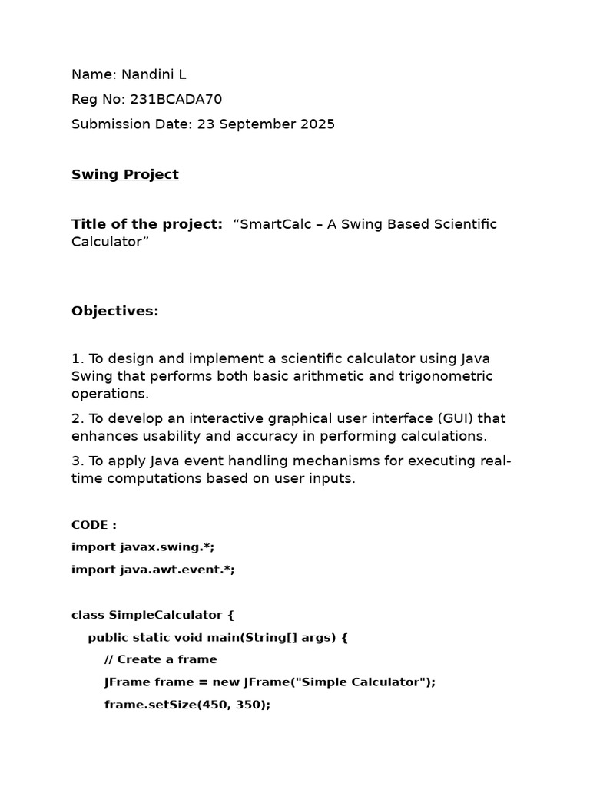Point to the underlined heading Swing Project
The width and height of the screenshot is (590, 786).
tap(124, 174)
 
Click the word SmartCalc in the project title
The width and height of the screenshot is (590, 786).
tap(270, 224)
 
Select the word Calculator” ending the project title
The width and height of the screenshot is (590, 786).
tap(110, 242)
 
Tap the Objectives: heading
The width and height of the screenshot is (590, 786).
tap(114, 311)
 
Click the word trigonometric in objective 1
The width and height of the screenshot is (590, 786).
tap(446, 376)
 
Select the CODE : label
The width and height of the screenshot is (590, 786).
tap(94, 525)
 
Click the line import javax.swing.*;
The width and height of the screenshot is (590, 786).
tap(143, 547)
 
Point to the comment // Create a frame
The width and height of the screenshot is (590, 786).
tap(161, 659)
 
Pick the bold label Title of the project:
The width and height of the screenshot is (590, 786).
tap(147, 224)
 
